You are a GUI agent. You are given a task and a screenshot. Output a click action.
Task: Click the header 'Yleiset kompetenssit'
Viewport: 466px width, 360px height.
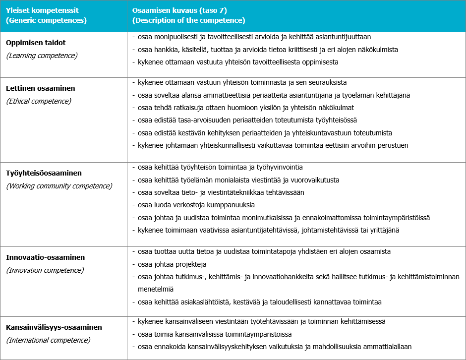(43, 10)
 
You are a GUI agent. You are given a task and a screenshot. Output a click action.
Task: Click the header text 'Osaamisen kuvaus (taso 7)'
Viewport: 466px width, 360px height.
(180, 10)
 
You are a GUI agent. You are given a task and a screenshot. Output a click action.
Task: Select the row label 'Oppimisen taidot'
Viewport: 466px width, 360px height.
(36, 43)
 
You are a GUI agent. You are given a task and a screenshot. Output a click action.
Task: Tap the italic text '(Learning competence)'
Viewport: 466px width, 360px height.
(42, 56)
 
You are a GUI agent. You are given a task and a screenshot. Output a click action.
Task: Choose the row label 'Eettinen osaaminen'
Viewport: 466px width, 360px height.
(41, 88)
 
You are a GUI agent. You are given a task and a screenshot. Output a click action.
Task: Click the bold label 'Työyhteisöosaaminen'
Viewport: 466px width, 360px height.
(44, 173)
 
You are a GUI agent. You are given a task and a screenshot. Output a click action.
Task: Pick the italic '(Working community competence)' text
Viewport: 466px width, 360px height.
(59, 186)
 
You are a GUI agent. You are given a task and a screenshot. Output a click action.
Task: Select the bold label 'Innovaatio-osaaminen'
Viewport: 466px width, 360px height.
(45, 257)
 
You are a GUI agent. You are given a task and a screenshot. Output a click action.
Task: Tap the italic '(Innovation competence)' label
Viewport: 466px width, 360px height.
(45, 270)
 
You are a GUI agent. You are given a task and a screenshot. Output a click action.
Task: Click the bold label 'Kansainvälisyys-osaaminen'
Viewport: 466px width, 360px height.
(54, 327)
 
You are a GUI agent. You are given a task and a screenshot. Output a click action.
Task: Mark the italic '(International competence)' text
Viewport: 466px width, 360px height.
(48, 340)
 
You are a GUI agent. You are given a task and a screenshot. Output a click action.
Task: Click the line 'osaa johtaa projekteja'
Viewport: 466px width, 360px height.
(172, 264)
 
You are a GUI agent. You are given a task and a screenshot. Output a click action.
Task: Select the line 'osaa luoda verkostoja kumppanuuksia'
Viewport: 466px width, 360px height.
(196, 204)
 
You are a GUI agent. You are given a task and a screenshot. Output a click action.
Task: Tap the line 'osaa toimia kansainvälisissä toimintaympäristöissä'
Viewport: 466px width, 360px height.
(215, 334)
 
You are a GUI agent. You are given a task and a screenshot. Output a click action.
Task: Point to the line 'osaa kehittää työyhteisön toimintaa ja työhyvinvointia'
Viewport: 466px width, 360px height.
(220, 167)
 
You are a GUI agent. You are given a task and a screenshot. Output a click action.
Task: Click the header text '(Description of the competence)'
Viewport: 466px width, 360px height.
(189, 21)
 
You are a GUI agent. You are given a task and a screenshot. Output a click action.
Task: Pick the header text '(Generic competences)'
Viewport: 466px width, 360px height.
(46, 21)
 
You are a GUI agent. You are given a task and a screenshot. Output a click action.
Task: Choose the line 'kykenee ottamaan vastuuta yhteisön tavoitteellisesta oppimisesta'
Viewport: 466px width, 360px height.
(238, 62)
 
